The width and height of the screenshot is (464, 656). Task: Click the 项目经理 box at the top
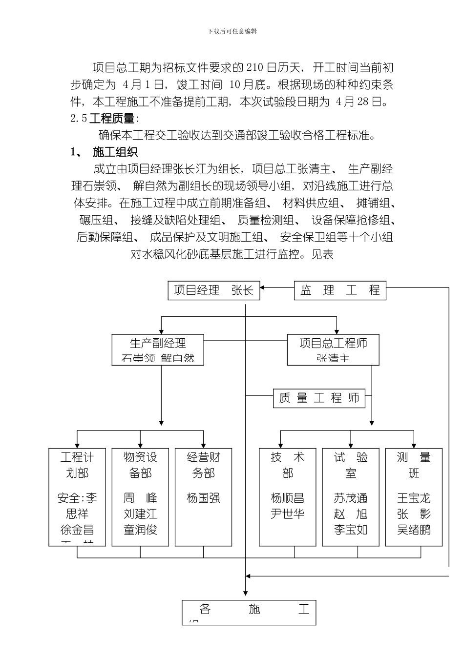coord(214,290)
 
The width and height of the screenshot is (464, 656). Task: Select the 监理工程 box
coord(340,290)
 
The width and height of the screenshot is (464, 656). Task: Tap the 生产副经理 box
coord(158,349)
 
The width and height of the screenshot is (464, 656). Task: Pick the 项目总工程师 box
coord(333,349)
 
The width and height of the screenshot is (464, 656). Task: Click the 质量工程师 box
coord(319,398)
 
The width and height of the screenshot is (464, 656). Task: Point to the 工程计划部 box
coord(77,496)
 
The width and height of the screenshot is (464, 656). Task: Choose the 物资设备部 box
coord(140,496)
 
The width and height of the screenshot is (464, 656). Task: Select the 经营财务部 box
coord(203,496)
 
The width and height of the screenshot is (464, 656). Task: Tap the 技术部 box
coord(288,496)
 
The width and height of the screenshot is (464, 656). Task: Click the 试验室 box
coord(351,496)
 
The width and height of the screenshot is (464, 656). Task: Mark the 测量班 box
coord(414,496)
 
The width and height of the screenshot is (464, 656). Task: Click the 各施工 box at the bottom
coord(249,612)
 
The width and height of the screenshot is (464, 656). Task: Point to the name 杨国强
coord(203,498)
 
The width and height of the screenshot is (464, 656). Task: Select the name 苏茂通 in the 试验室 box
coord(351,498)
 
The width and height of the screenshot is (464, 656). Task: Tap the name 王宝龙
coord(414,498)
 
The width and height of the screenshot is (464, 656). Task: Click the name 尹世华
coord(288,514)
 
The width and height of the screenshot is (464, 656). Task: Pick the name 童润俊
coord(140,530)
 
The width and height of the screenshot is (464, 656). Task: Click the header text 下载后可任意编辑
coord(232,31)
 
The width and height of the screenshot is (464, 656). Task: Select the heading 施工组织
coord(115,152)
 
